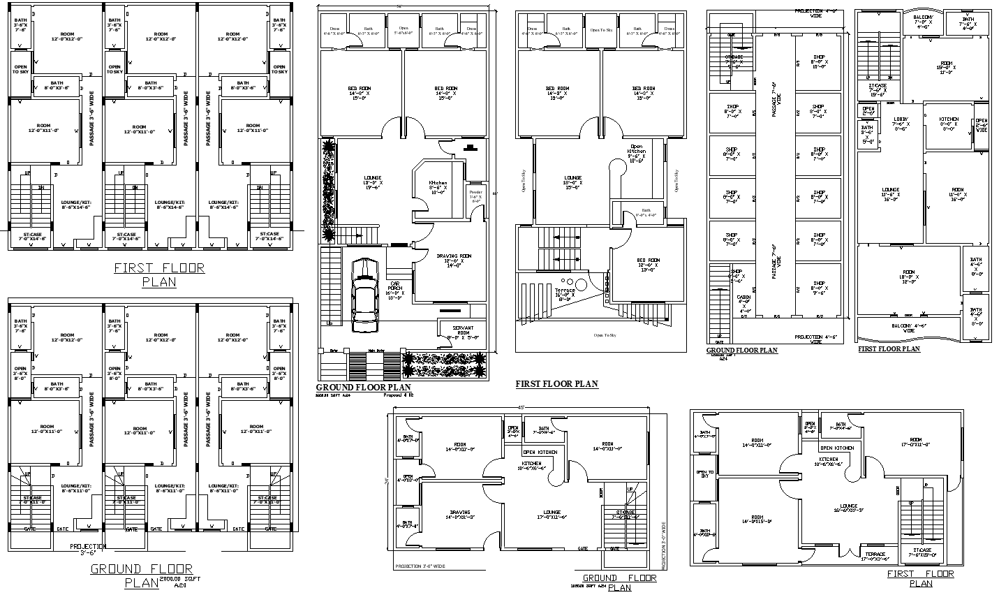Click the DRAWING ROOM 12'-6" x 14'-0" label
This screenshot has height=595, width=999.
click(x=454, y=260)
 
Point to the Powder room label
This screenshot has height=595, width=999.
click(x=475, y=198)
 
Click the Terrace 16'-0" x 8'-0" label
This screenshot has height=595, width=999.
click(x=565, y=294)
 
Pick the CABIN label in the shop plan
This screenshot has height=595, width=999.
click(x=743, y=302)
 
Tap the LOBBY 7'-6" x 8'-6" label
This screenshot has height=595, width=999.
click(x=901, y=124)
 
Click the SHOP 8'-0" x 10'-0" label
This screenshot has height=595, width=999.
click(x=818, y=62)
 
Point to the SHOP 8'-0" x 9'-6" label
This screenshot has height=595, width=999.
click(x=818, y=288)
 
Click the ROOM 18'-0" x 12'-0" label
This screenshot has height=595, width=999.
click(x=908, y=277)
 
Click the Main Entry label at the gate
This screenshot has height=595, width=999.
click(x=376, y=350)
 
